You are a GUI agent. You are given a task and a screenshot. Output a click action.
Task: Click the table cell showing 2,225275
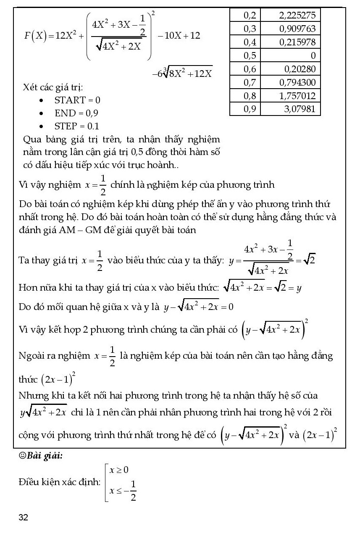click(297, 16)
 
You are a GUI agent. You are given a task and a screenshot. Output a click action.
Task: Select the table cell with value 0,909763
click(297, 29)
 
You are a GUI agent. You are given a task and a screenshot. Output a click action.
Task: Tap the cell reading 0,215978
click(297, 42)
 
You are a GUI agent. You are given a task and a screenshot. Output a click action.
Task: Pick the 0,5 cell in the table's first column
click(250, 55)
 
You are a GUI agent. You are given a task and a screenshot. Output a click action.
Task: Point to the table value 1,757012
click(297, 96)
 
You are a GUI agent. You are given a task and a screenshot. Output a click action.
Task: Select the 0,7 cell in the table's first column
click(250, 82)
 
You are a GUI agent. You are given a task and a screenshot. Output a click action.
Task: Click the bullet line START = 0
click(77, 100)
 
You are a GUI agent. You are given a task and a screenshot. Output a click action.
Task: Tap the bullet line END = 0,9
click(76, 113)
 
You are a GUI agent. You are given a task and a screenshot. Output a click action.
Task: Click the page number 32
click(24, 517)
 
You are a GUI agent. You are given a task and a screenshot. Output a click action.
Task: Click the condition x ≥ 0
click(119, 470)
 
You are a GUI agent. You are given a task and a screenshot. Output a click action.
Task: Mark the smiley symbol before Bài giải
click(23, 457)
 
